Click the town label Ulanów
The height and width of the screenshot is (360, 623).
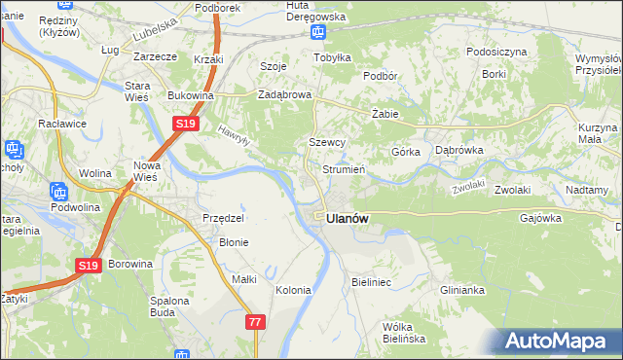[348, 219]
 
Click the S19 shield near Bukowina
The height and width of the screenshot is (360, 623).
[187, 125]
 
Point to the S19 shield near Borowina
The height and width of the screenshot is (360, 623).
[88, 265]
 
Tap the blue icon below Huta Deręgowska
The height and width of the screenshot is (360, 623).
[317, 33]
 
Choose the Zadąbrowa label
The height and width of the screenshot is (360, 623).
[283, 95]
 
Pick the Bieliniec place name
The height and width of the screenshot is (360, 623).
[370, 282]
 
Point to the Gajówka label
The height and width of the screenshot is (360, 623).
[541, 218]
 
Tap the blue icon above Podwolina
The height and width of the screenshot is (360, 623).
[57, 192]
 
